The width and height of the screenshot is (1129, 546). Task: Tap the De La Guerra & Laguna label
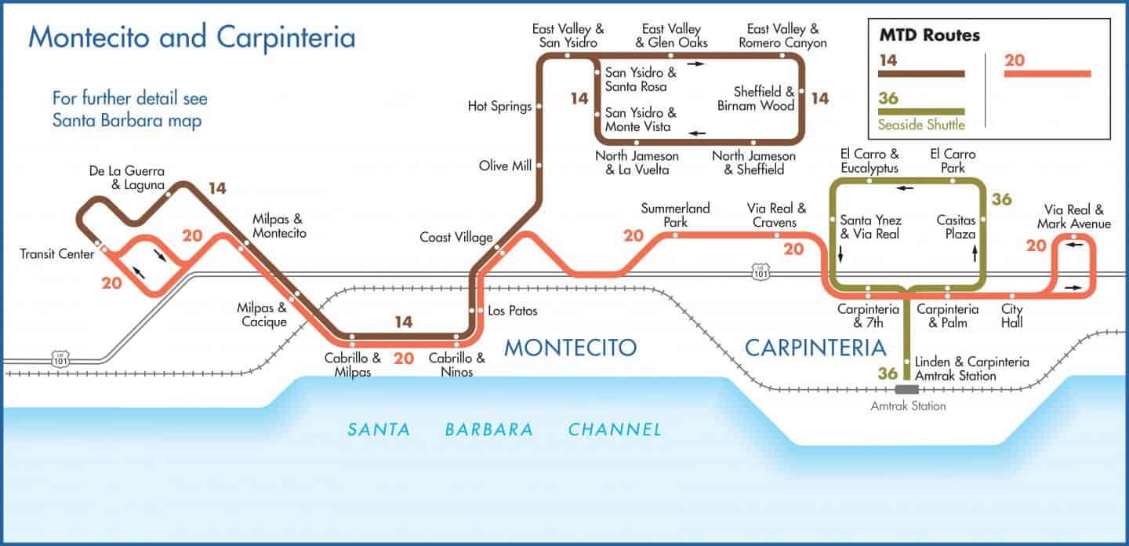coord(126,178)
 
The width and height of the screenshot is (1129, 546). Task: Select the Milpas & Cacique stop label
coord(262,315)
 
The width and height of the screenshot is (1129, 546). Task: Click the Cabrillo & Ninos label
coord(456,365)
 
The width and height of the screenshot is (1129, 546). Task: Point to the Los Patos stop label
coord(512,311)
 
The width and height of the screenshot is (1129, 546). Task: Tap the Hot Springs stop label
coord(499,106)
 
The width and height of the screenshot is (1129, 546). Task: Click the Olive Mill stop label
coord(505,166)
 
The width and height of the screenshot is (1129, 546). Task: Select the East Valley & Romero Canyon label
coord(782,36)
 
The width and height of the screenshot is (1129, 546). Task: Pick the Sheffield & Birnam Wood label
coord(756,98)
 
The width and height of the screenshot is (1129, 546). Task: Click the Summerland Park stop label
coord(675,215)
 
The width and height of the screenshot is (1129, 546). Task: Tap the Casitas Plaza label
coord(956,227)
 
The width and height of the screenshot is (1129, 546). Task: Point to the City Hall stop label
coord(1011,315)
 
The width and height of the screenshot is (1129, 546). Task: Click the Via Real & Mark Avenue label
coord(1073,217)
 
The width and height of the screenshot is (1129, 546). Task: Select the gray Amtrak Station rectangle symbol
coord(907,389)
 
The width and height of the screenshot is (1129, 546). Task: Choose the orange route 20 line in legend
coord(1047,74)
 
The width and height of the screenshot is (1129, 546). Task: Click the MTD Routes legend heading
coord(928,35)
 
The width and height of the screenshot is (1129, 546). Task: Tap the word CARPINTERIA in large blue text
coord(815,347)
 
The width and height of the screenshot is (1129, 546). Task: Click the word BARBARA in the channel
coord(488,429)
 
